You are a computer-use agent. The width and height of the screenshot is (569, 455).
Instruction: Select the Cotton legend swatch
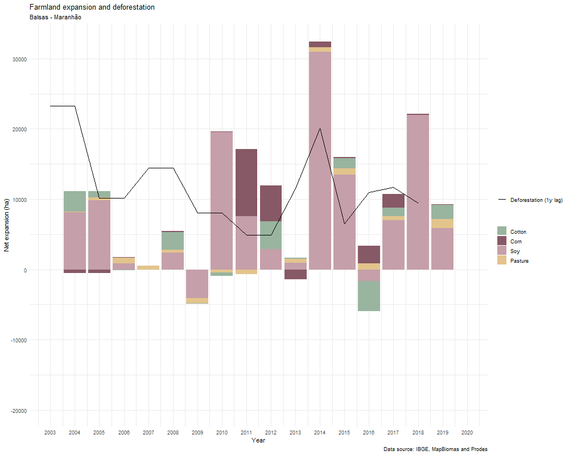coord(502,231)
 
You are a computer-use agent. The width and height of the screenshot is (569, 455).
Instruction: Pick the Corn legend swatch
coord(502,241)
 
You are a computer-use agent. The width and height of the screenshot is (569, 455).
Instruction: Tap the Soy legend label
coord(515,251)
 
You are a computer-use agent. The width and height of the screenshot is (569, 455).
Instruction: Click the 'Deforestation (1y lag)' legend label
coord(536,200)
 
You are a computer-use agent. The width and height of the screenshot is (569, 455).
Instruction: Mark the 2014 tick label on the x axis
coord(320,433)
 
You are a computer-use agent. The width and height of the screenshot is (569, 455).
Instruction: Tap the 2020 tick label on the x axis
coord(467,433)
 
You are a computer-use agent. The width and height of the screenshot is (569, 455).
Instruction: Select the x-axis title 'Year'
coord(258,441)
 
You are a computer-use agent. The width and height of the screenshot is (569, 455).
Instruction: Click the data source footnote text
coord(435,450)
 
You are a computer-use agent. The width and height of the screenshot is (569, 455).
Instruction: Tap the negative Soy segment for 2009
coord(197,284)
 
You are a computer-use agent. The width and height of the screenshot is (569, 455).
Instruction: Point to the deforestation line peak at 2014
coord(320,129)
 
